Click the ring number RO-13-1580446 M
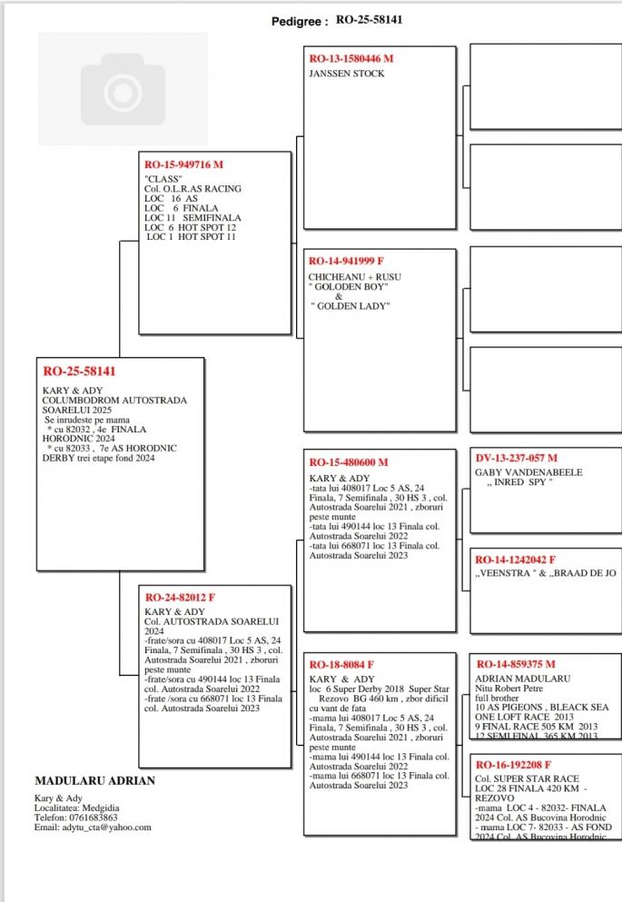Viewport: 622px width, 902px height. [351, 59]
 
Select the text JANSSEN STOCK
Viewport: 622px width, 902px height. [347, 74]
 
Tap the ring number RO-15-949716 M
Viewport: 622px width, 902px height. [183, 164]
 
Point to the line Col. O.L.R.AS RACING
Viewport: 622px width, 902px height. [193, 189]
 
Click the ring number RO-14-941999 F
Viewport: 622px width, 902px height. [347, 262]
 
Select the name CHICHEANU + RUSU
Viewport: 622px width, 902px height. [354, 276]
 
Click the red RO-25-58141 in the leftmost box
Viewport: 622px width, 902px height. [80, 372]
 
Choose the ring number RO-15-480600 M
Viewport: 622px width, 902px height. [349, 462]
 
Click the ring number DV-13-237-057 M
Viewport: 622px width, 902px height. [516, 458]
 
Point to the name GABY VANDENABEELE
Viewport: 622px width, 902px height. [528, 472]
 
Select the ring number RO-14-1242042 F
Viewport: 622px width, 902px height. [515, 560]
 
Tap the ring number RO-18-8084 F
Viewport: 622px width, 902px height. [341, 665]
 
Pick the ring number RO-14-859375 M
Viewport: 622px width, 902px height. [515, 664]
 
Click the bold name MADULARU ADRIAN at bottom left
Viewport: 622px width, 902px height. [94, 780]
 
